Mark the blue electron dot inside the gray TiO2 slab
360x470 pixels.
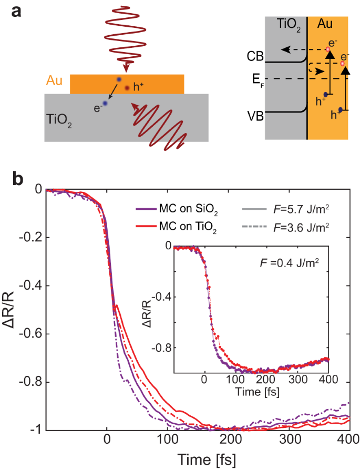105,104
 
